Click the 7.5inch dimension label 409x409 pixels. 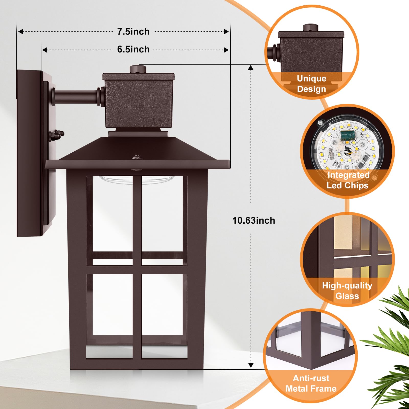(x=133, y=32)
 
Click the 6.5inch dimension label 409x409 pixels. (x=133, y=49)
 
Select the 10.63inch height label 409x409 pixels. (x=254, y=220)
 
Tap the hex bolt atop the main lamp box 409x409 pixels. (x=138, y=69)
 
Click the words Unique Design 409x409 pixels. (x=311, y=84)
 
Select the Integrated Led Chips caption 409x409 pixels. (x=348, y=180)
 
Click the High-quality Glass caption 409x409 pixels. (x=347, y=291)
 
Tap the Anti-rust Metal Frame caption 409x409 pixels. (x=311, y=383)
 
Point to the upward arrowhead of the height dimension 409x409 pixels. (x=251, y=67)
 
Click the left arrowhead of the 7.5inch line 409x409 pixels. (x=21, y=32)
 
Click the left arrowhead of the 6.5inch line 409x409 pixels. (x=45, y=50)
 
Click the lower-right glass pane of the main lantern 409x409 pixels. (x=162, y=309)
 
